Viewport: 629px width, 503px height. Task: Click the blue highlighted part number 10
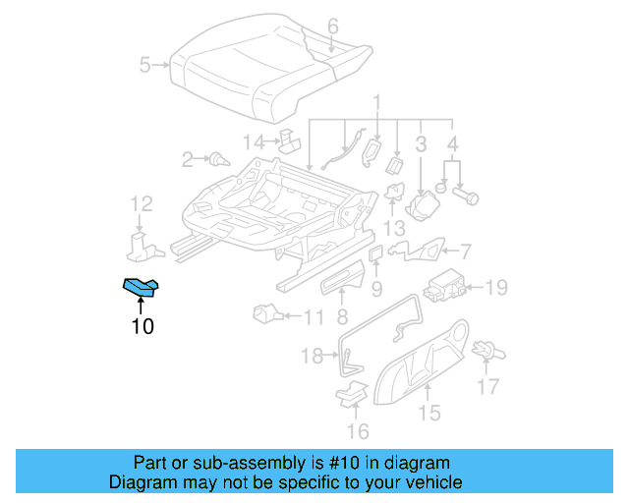142,287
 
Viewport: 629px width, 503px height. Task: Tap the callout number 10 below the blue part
143,326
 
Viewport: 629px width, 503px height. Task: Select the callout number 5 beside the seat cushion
145,66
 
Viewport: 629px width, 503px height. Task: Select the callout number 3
420,145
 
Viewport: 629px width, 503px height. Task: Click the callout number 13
394,228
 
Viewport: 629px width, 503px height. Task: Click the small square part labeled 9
374,254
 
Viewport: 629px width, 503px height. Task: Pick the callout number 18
312,357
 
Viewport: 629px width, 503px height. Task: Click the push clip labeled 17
483,349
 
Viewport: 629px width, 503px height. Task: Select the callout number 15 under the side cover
429,413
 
